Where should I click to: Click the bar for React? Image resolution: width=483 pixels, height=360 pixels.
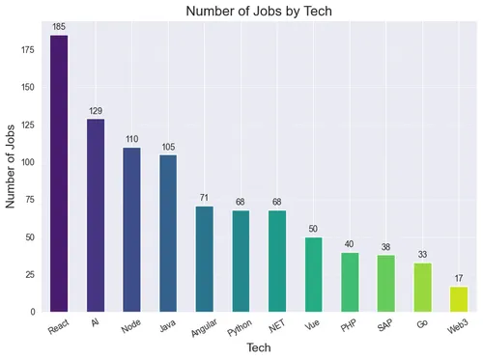point(59,174)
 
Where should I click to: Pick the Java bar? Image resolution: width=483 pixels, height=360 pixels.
point(168,234)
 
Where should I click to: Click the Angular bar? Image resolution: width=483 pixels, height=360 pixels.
point(205,259)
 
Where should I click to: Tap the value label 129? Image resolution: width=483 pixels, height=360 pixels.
point(96,110)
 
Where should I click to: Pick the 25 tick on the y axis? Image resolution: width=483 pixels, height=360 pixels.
point(29,275)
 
